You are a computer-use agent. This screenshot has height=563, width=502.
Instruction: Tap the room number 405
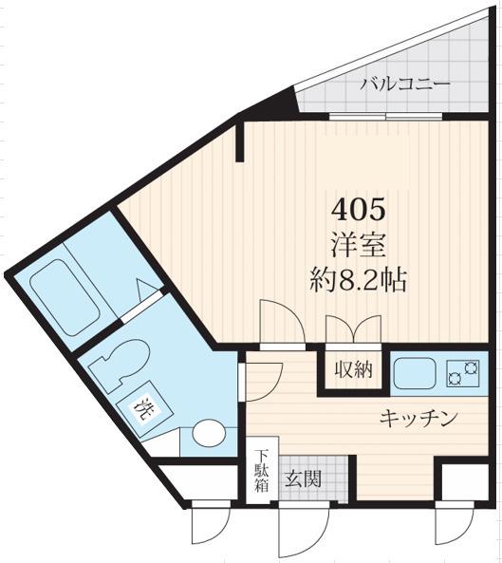pyautogui.click(x=358, y=207)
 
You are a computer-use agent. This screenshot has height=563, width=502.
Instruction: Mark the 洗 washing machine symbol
pyautogui.click(x=143, y=411)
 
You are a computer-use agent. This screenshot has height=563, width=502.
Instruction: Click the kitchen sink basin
pyautogui.click(x=416, y=372)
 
